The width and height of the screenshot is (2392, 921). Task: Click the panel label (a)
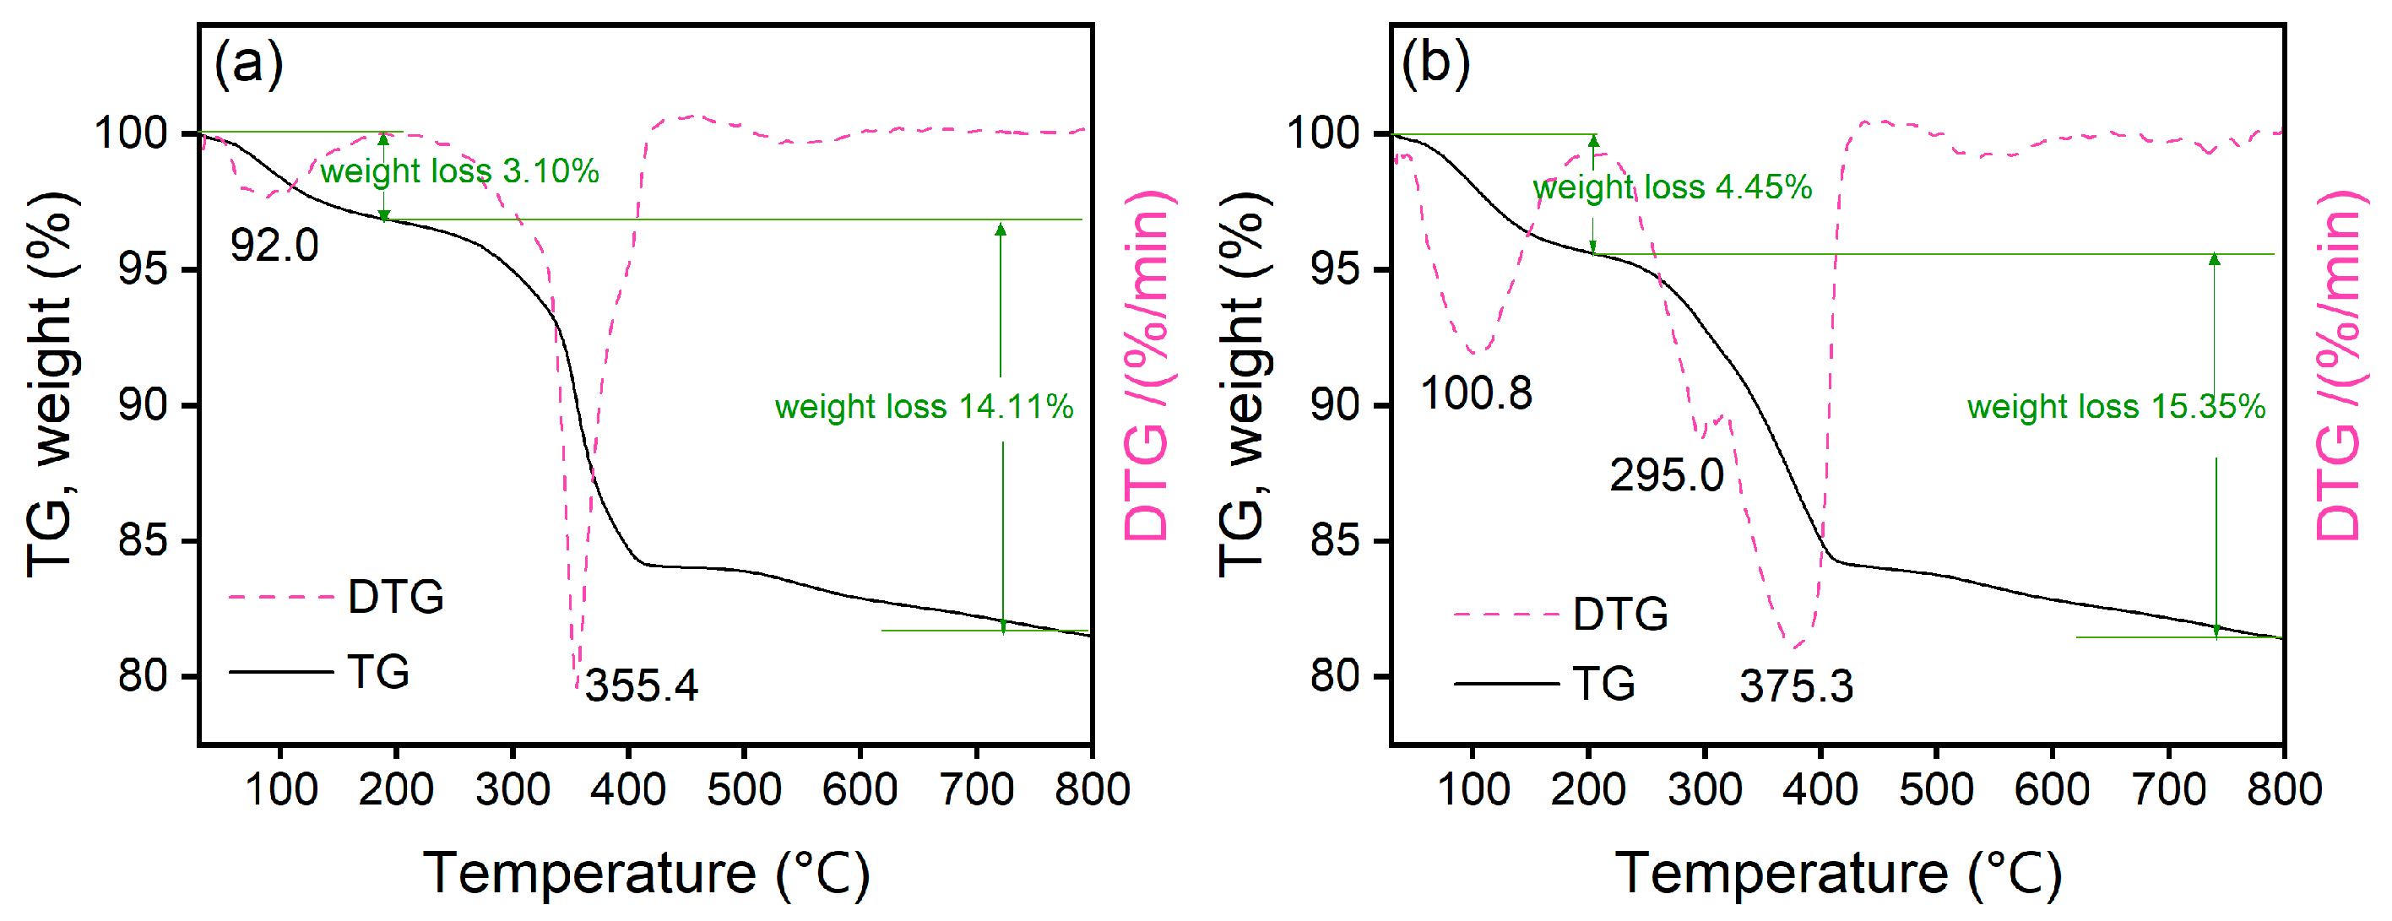tap(248, 64)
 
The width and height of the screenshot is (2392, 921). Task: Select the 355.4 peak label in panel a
tap(641, 686)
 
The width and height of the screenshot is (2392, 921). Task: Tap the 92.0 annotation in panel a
tap(274, 246)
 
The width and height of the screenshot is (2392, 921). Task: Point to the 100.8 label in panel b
tap(1476, 393)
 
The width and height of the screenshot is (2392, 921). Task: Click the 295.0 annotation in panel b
tap(1666, 475)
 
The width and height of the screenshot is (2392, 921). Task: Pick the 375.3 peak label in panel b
tap(1796, 687)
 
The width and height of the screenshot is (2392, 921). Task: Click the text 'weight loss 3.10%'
tap(459, 171)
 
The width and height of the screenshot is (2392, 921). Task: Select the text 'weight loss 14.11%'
tap(924, 407)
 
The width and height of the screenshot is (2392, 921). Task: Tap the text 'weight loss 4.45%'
tap(1672, 187)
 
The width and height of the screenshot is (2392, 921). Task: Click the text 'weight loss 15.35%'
tap(2115, 407)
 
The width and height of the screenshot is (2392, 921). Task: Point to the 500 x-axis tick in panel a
tap(744, 790)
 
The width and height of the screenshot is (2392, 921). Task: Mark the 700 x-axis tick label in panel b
tap(2168, 790)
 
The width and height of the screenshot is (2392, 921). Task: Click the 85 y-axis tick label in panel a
tap(144, 540)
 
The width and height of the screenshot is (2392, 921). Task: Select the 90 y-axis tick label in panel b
tap(1335, 406)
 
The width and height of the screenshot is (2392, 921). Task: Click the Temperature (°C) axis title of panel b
tap(1839, 873)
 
